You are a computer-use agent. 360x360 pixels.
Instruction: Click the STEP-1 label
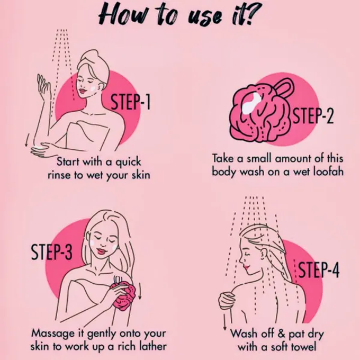(130, 102)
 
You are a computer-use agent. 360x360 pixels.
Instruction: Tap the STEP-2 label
(313, 116)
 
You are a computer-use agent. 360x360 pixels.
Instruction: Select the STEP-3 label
(51, 252)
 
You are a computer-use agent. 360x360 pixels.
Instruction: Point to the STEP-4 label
(319, 270)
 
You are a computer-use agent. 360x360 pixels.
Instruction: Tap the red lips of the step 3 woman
(101, 251)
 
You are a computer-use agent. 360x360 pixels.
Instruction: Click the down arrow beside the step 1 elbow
(26, 140)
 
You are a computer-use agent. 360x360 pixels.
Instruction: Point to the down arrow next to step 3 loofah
(140, 292)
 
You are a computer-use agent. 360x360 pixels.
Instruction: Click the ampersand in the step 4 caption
(282, 334)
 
